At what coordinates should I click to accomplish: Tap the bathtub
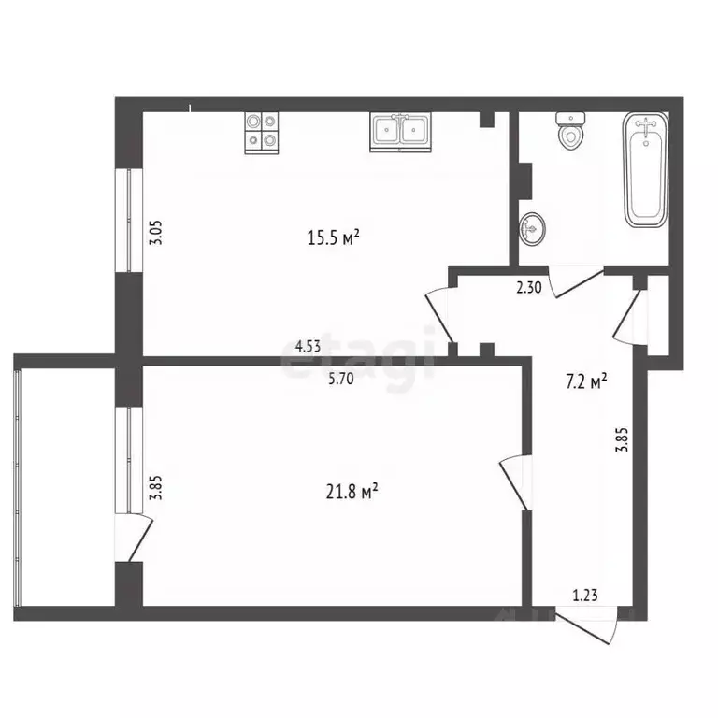[646, 170]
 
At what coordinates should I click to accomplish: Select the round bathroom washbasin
[532, 228]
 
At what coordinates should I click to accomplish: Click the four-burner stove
[262, 133]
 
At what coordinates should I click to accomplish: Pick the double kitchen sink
[400, 133]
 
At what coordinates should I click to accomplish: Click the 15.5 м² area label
[333, 237]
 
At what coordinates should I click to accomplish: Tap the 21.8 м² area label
[352, 492]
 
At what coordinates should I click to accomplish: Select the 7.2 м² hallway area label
[586, 381]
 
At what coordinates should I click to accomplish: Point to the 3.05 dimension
[156, 233]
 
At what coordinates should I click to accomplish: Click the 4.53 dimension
[308, 347]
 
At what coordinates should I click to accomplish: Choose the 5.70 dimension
[341, 379]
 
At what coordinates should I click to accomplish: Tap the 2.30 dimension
[529, 287]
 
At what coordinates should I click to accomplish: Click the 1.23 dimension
[585, 596]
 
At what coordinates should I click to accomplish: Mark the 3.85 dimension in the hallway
[622, 439]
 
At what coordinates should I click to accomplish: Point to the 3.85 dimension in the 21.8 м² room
[156, 488]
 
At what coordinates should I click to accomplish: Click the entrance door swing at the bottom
[586, 625]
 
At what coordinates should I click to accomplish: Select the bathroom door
[577, 282]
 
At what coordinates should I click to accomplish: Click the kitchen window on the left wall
[129, 221]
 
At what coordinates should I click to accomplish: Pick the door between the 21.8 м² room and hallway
[516, 481]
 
